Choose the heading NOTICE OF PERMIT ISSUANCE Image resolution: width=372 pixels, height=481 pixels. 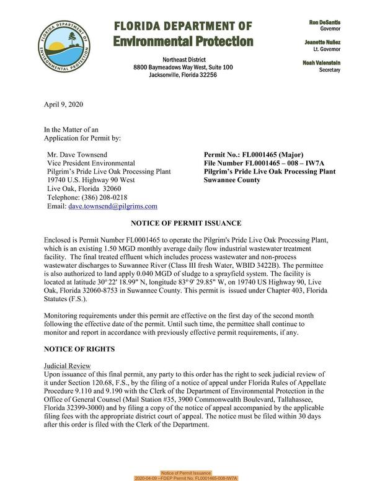[185, 223]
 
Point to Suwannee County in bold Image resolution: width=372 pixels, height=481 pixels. [234, 180]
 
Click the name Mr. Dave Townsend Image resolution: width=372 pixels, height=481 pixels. [79, 154]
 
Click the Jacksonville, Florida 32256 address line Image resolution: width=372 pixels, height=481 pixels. [183, 75]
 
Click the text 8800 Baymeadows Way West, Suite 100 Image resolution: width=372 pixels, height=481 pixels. [183, 67]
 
